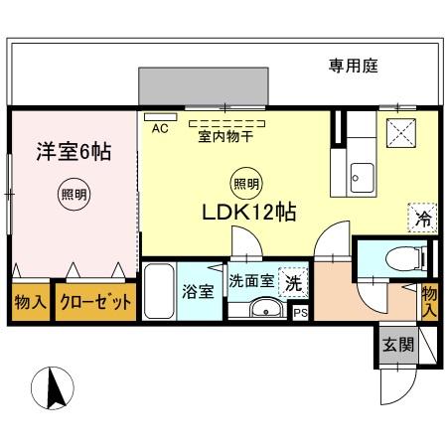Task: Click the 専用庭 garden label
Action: [355, 67]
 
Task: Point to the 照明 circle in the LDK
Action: [247, 183]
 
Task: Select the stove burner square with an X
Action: [399, 129]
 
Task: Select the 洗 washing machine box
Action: [293, 282]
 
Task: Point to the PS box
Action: [300, 312]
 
